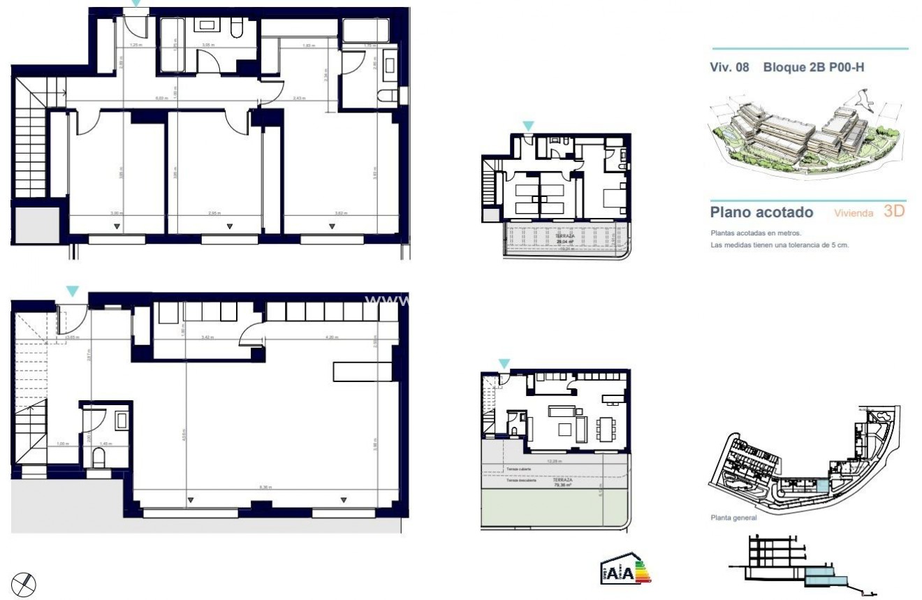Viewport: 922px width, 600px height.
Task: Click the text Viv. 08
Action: pos(729,68)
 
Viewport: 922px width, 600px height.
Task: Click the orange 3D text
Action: pos(894,211)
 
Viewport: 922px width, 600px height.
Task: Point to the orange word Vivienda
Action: pos(854,213)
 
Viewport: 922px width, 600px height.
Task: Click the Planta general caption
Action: pos(733,518)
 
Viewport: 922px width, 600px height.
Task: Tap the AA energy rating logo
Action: pos(625,572)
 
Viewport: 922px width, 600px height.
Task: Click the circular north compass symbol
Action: pos(24,583)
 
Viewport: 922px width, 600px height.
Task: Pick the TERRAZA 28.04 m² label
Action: pos(565,238)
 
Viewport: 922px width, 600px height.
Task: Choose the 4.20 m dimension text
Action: pos(332,337)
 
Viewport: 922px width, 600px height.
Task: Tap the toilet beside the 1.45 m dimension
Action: pos(98,458)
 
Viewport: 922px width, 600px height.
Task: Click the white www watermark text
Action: pos(388,300)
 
